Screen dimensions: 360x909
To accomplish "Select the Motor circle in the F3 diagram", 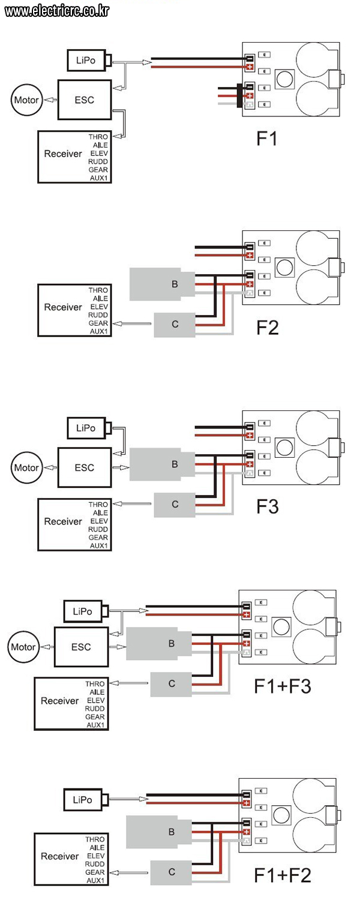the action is coord(26,468).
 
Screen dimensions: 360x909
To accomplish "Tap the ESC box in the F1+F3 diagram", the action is coord(81,647).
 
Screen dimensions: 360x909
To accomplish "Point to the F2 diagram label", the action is coord(268,328).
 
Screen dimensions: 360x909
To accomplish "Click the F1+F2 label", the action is coord(283,875).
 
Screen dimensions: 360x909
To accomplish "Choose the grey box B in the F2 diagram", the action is coord(162,284).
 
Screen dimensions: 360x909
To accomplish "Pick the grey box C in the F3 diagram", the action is coord(175,505).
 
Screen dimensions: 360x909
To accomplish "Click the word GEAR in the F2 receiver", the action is coord(98,323).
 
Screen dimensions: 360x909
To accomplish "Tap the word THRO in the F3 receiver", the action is coord(98,505).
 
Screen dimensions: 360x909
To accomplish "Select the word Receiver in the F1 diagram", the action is coord(63,154).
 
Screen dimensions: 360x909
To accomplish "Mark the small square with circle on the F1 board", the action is coord(285,79).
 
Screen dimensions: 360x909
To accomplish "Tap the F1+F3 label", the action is coord(283,686).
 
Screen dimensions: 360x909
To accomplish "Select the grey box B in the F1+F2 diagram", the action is coord(158,832).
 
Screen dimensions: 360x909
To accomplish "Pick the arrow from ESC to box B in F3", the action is coord(121,467).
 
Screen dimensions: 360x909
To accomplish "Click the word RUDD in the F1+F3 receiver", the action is coord(95,709).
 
